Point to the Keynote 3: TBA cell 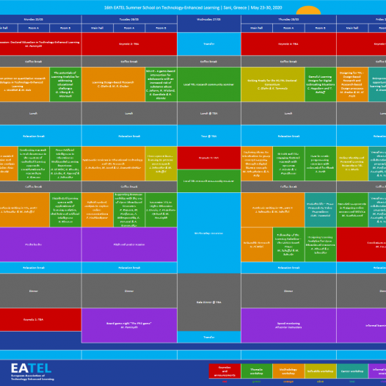(208, 157)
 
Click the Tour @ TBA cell (208, 136)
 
